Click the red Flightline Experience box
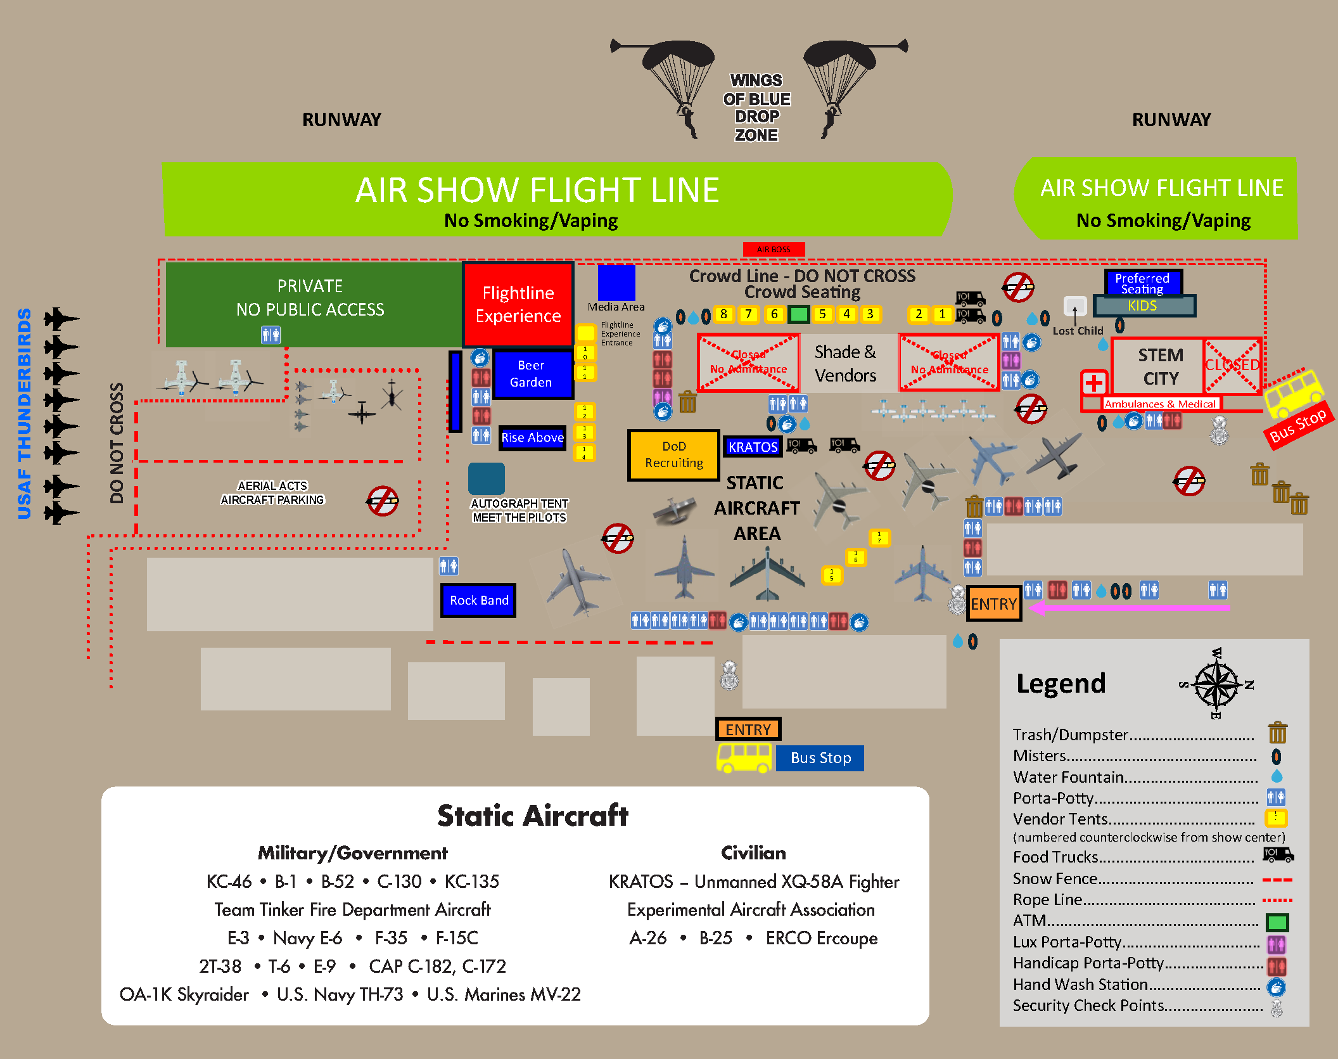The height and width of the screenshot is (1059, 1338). pyautogui.click(x=518, y=304)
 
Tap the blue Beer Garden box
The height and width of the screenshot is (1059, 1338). pyautogui.click(x=531, y=374)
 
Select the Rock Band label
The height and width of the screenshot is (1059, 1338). pyautogui.click(x=478, y=600)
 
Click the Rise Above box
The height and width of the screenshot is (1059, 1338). pyautogui.click(x=532, y=437)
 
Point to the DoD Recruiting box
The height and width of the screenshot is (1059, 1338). pyautogui.click(x=674, y=455)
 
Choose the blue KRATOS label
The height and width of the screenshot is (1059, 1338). pyautogui.click(x=753, y=447)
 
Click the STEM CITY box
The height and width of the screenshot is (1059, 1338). pyautogui.click(x=1160, y=366)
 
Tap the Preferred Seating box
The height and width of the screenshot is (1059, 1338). pyautogui.click(x=1142, y=283)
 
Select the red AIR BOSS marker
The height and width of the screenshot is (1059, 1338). pyautogui.click(x=774, y=249)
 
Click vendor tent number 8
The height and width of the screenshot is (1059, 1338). pyautogui.click(x=723, y=314)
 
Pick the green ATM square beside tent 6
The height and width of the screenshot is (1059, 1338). pyautogui.click(x=800, y=314)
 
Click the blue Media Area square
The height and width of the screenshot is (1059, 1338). pyautogui.click(x=616, y=283)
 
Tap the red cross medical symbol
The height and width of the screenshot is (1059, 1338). pyautogui.click(x=1094, y=383)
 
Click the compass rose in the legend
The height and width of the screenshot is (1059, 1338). pyautogui.click(x=1216, y=684)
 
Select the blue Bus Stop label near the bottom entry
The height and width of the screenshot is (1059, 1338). pyautogui.click(x=820, y=758)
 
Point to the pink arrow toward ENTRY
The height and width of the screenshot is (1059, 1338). pyautogui.click(x=1128, y=608)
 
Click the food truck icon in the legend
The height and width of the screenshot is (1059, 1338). pyautogui.click(x=1278, y=855)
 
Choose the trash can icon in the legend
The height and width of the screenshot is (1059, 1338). pyautogui.click(x=1277, y=733)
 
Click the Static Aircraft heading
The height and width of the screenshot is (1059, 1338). pyautogui.click(x=532, y=816)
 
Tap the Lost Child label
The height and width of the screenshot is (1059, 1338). pyautogui.click(x=1078, y=331)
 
